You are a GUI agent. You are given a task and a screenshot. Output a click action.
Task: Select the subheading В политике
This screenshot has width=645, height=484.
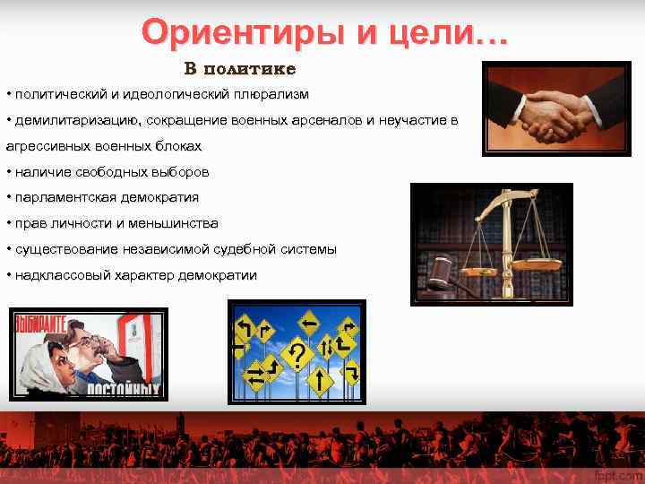[240, 69]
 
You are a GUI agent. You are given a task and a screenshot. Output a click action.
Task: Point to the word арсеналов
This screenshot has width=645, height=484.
[305, 120]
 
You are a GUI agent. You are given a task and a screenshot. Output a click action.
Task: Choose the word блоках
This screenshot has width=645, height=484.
[176, 146]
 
